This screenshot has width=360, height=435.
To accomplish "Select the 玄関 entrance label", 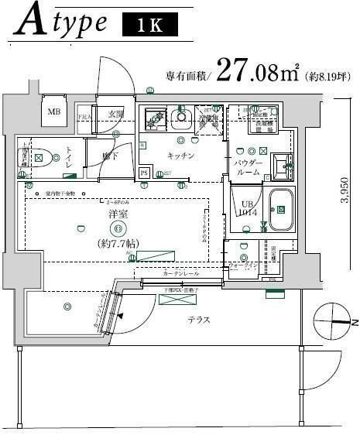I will pyautogui.click(x=115, y=115).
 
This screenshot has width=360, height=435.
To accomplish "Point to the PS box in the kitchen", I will pyautogui.click(x=143, y=172).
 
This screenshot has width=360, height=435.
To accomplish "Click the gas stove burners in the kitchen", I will pyautogui.click(x=153, y=118).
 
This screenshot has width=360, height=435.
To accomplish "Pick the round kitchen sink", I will pyautogui.click(x=183, y=119).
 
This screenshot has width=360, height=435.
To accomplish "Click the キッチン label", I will pyautogui.click(x=180, y=155).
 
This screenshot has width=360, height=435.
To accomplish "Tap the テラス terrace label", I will pyautogui.click(x=200, y=319).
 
